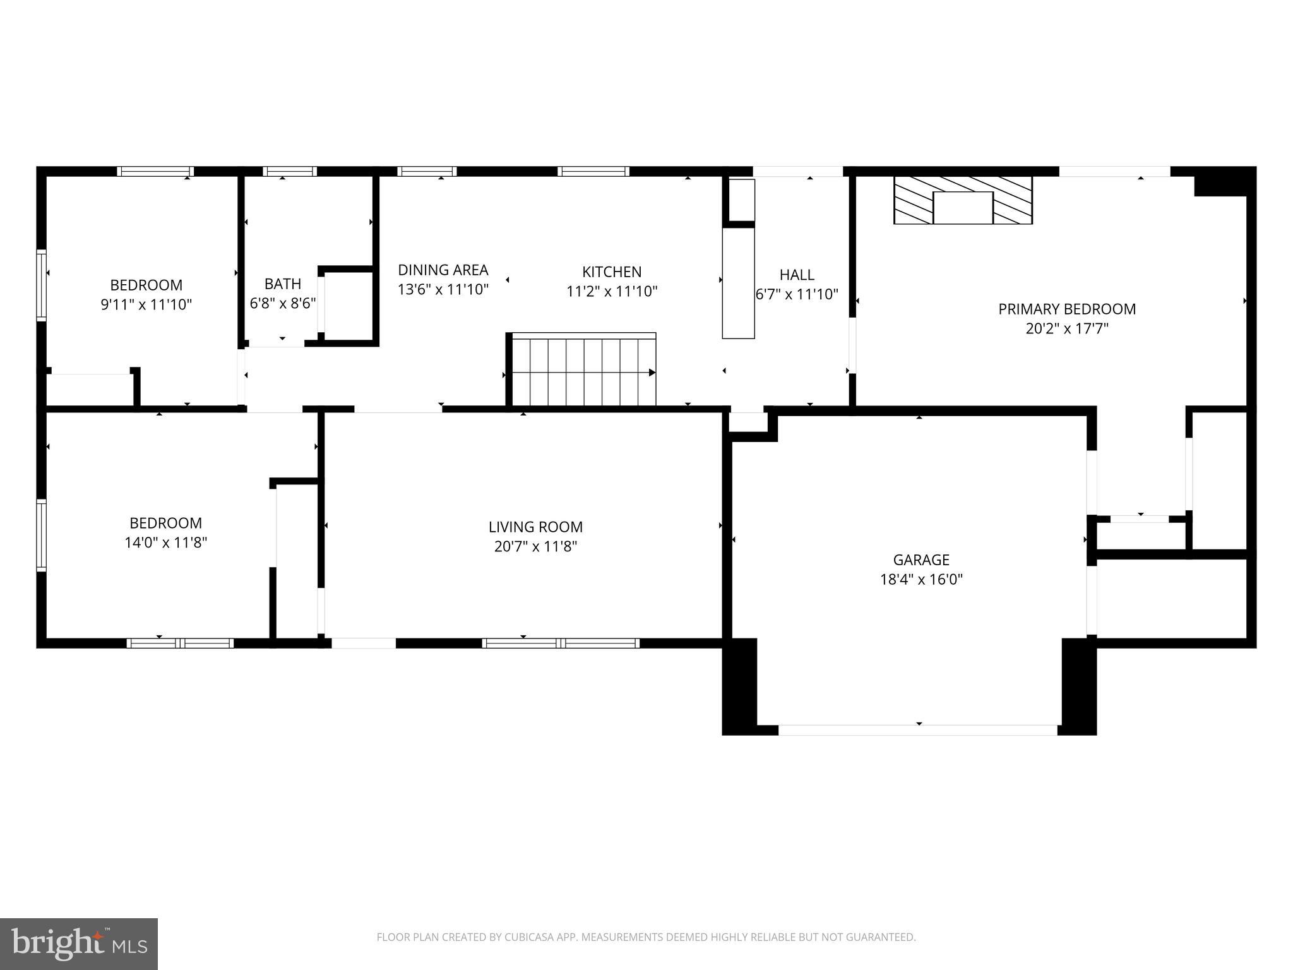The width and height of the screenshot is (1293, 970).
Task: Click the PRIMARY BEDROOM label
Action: pyautogui.click(x=1066, y=309)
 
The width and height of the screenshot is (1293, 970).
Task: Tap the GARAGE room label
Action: pyautogui.click(x=921, y=560)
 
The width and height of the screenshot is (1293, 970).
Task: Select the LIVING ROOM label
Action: pyautogui.click(x=535, y=527)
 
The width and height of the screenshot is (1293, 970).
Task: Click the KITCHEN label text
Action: pyautogui.click(x=611, y=272)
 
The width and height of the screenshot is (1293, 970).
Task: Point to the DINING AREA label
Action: pyautogui.click(x=443, y=270)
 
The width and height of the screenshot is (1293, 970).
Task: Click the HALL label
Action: pyautogui.click(x=796, y=275)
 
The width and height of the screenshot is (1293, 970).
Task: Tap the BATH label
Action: pyautogui.click(x=282, y=284)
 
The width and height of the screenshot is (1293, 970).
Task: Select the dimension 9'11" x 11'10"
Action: pyautogui.click(x=146, y=304)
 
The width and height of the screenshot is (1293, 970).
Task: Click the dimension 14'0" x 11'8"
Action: pyautogui.click(x=165, y=542)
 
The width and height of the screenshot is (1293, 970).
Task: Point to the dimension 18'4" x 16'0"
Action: pyautogui.click(x=921, y=579)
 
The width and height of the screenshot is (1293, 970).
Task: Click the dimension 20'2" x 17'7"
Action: pyautogui.click(x=1066, y=328)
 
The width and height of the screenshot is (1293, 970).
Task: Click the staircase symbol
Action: pyautogui.click(x=583, y=371)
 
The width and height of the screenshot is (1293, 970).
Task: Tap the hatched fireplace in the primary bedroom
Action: pyautogui.click(x=963, y=200)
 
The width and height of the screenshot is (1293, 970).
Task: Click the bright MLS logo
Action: pyautogui.click(x=78, y=943)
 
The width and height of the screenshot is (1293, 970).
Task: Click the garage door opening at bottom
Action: pyautogui.click(x=917, y=730)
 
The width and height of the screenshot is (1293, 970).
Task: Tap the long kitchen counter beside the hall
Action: pyautogui.click(x=738, y=283)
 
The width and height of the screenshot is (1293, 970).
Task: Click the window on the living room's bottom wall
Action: pyautogui.click(x=561, y=643)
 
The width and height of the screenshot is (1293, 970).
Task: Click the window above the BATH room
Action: pyautogui.click(x=290, y=171)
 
